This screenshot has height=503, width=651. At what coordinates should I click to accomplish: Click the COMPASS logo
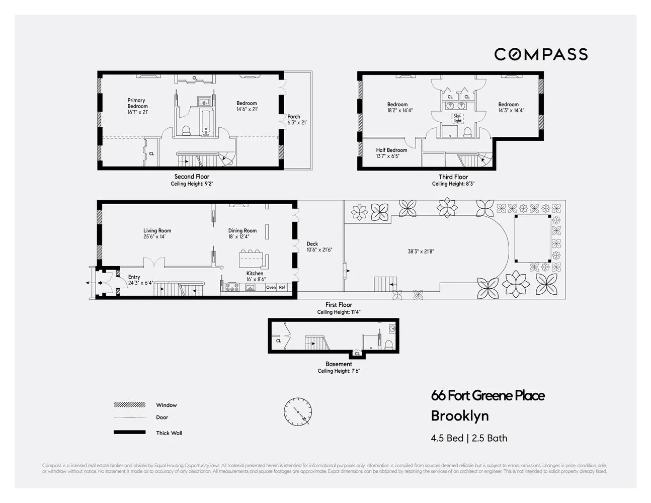541,54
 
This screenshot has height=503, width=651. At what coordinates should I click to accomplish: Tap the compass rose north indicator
298,412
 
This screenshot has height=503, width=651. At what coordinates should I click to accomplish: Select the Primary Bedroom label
137,103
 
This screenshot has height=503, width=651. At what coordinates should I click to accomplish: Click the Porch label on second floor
293,117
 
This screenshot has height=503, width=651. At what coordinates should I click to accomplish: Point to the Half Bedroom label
391,150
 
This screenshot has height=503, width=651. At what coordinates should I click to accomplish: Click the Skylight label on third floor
457,119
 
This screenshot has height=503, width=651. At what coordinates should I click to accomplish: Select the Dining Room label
242,231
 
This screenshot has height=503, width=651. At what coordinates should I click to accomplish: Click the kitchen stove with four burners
231,287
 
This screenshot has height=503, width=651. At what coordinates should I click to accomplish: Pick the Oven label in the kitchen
271,287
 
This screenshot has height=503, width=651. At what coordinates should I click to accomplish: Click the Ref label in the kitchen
282,287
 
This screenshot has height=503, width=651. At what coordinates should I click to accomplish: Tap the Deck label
312,244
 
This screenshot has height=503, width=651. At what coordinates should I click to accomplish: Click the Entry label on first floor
134,277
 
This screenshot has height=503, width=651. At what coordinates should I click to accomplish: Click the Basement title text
339,364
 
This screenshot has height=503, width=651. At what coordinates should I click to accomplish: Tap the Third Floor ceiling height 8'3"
453,184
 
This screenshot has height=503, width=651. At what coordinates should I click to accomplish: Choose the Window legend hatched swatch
129,405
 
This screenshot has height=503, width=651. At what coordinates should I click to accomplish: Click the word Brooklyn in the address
460,416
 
